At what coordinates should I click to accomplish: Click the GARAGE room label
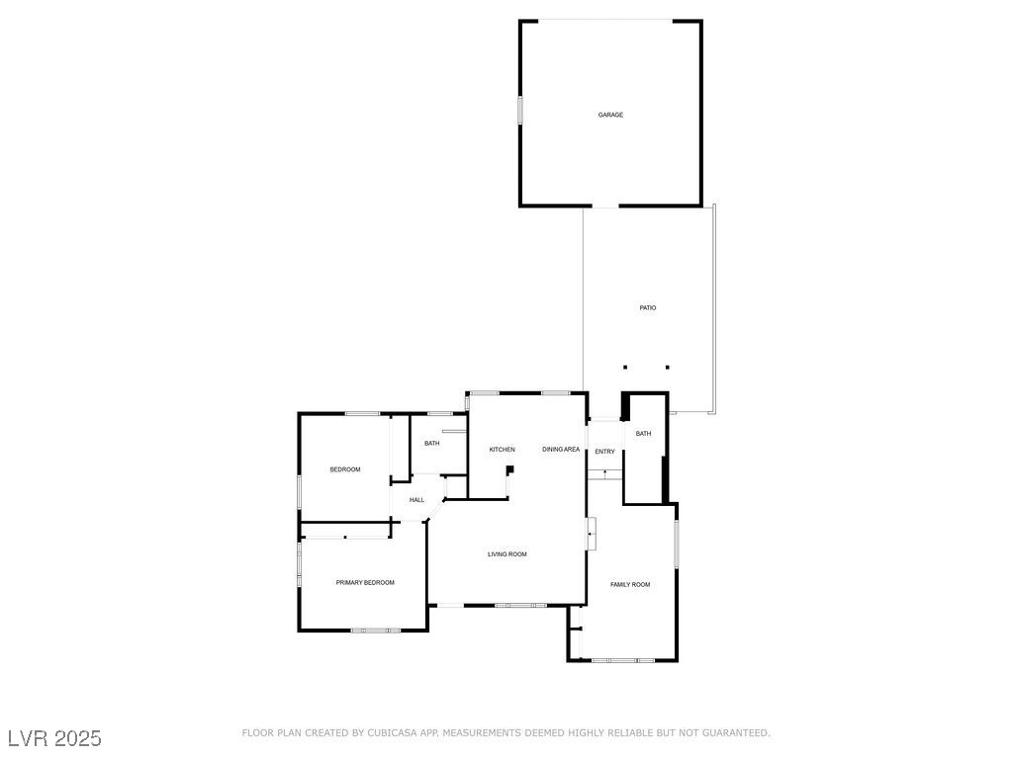coord(610,115)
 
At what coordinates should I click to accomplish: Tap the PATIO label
coord(647,308)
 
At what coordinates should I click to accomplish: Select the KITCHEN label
coord(502,450)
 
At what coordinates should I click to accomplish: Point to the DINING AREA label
coord(561,450)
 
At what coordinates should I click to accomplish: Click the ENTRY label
coord(604,452)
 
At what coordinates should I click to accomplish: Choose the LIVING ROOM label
coord(506,554)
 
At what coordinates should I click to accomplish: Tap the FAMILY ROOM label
coord(630,585)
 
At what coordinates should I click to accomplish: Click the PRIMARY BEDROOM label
coord(365,583)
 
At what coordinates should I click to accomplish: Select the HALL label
coord(416,500)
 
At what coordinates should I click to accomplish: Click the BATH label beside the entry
coord(643,434)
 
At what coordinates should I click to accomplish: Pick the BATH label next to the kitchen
coord(432,443)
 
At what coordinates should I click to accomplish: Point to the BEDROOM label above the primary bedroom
coord(345,469)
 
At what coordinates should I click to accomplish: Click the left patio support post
coord(625,368)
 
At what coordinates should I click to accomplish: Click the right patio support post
coord(668,368)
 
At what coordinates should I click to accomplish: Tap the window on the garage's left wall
coord(520,109)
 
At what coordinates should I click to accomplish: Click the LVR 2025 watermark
coord(54,738)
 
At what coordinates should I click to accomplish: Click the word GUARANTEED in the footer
coord(732,733)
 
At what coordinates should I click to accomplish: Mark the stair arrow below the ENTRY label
coord(604,474)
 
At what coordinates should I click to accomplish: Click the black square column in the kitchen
coord(510,469)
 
